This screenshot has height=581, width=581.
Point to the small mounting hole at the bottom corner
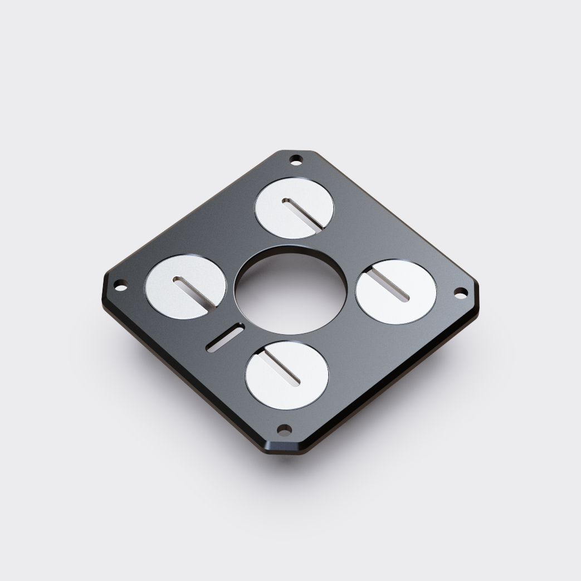point(284,429)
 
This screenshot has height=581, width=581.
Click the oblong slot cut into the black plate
point(224,339)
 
